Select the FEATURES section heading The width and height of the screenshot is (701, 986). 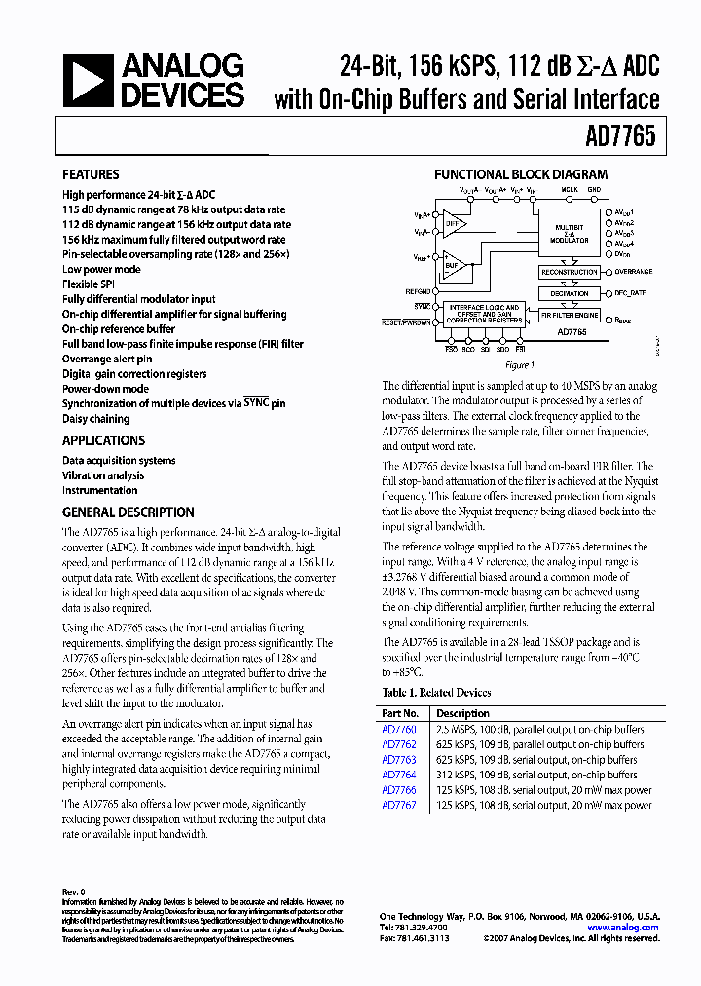pyautogui.click(x=91, y=174)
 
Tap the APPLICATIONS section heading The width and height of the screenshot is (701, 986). pyautogui.click(x=103, y=440)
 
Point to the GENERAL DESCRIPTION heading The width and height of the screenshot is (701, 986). pyautogui.click(x=128, y=512)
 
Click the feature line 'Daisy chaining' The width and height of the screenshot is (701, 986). pyautogui.click(x=95, y=419)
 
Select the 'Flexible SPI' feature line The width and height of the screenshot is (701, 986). pyautogui.click(x=88, y=284)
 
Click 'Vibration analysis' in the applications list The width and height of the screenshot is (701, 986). pyautogui.click(x=103, y=475)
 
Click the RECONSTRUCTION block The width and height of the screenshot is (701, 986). pyautogui.click(x=570, y=273)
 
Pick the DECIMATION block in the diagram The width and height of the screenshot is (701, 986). pyautogui.click(x=570, y=293)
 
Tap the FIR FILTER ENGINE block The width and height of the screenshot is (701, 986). pyautogui.click(x=570, y=315)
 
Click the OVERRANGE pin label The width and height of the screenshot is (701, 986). pyautogui.click(x=634, y=272)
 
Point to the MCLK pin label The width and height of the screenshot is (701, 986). pyautogui.click(x=569, y=190)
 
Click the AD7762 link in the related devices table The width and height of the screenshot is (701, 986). pyautogui.click(x=398, y=744)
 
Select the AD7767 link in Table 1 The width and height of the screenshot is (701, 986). pyautogui.click(x=398, y=805)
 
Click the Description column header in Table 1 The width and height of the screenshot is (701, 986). pyautogui.click(x=463, y=713)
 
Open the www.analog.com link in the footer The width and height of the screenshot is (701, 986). pyautogui.click(x=622, y=928)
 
